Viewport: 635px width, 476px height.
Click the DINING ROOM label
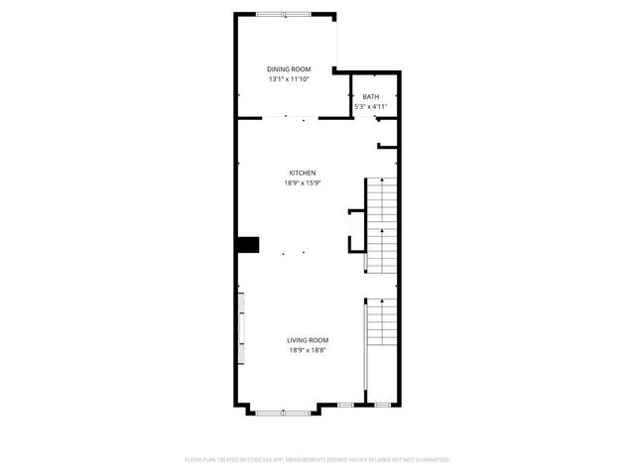click(288, 68)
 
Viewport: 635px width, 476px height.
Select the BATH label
click(370, 96)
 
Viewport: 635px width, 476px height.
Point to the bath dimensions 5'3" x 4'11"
click(370, 106)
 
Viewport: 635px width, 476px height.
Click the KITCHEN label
click(302, 173)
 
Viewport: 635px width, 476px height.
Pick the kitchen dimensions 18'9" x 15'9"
click(302, 182)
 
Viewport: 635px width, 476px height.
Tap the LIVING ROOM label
click(309, 340)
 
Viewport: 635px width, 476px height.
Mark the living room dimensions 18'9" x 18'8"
click(309, 350)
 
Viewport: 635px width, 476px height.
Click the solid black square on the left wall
click(247, 244)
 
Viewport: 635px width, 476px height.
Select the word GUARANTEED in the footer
click(431, 460)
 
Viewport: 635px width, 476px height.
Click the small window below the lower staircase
click(381, 405)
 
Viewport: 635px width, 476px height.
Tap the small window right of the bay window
click(345, 405)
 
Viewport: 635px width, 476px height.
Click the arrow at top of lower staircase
click(368, 300)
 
